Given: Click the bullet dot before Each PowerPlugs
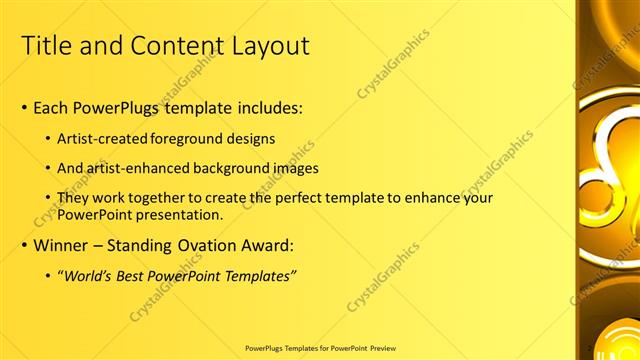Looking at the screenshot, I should click(25, 108).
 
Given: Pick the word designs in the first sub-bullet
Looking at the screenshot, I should click(251, 138).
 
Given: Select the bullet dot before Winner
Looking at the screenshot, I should click(25, 245).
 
